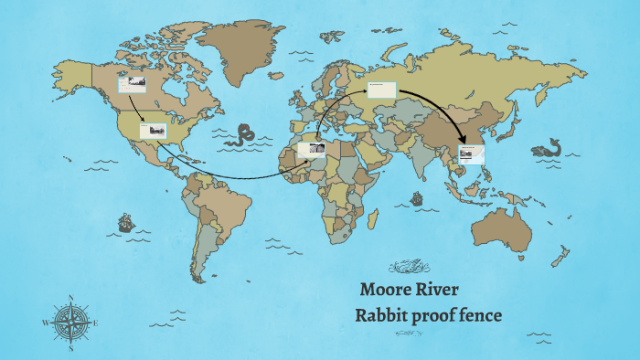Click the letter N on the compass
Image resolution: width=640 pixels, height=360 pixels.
[x=71, y=297]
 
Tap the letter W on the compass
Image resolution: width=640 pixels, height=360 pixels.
[x=45, y=323]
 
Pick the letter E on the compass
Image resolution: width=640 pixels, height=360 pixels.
[x=96, y=323]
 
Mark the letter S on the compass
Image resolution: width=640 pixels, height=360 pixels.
[x=71, y=348]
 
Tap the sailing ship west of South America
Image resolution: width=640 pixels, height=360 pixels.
[x=125, y=222]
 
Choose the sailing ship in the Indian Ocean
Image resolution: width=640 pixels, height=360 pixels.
[x=418, y=197]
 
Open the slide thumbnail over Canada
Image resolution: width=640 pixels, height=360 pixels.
[x=132, y=84]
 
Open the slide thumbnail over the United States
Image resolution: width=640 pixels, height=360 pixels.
[x=153, y=131]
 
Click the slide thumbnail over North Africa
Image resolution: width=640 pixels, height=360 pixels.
[x=312, y=150]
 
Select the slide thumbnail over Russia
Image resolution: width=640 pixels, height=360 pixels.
[x=381, y=90]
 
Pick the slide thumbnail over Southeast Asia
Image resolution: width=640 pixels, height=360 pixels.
[x=472, y=154]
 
